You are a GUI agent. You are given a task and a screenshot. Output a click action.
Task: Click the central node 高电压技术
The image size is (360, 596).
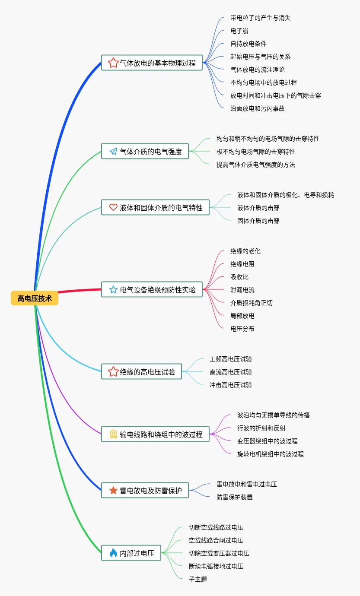(x=35, y=298)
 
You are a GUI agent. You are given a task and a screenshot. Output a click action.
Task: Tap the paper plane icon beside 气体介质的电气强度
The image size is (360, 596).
(x=113, y=151)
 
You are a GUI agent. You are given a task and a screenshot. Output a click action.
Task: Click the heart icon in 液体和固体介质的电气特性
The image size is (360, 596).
(x=113, y=207)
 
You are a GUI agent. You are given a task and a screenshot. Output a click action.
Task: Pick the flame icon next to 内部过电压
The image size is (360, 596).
(x=113, y=553)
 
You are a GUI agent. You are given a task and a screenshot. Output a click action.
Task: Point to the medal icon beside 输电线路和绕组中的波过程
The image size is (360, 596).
(x=113, y=434)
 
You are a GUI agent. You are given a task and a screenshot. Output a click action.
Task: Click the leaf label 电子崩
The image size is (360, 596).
(x=239, y=31)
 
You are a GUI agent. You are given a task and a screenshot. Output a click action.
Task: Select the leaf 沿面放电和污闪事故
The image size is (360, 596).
(x=258, y=108)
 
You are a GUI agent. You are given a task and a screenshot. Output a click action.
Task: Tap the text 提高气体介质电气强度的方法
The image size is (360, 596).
(x=256, y=165)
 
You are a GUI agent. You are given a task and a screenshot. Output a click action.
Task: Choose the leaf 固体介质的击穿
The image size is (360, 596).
(x=258, y=221)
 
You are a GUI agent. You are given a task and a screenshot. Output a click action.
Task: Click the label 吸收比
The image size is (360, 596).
(x=239, y=277)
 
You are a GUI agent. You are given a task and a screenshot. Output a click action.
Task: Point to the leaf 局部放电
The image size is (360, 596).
(x=242, y=316)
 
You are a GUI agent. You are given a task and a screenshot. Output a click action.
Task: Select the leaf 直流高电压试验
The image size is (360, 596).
(x=231, y=372)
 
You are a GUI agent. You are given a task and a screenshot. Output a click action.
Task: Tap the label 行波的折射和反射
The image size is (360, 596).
(x=261, y=428)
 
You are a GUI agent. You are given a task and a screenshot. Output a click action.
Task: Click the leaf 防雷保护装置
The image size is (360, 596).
(x=235, y=497)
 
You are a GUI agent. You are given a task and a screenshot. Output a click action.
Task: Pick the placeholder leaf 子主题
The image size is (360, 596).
(x=198, y=579)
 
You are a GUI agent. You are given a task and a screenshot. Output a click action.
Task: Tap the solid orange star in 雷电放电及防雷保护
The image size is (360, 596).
(x=113, y=490)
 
